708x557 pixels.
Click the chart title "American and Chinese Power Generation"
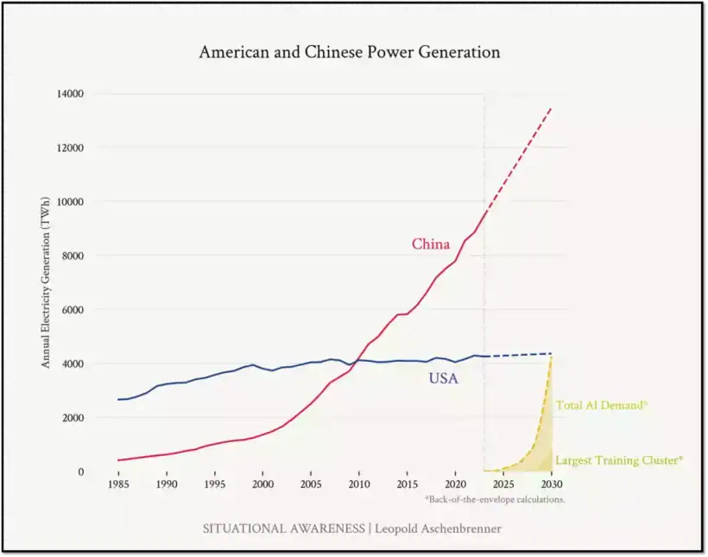pyautogui.click(x=349, y=52)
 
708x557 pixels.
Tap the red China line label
pyautogui.click(x=430, y=244)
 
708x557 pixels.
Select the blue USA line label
pyautogui.click(x=443, y=378)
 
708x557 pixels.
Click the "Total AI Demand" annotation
pyautogui.click(x=602, y=405)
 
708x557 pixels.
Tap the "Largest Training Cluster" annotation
pyautogui.click(x=618, y=460)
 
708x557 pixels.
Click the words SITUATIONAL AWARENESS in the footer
pyautogui.click(x=283, y=529)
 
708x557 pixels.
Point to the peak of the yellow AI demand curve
pyautogui.click(x=551, y=357)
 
